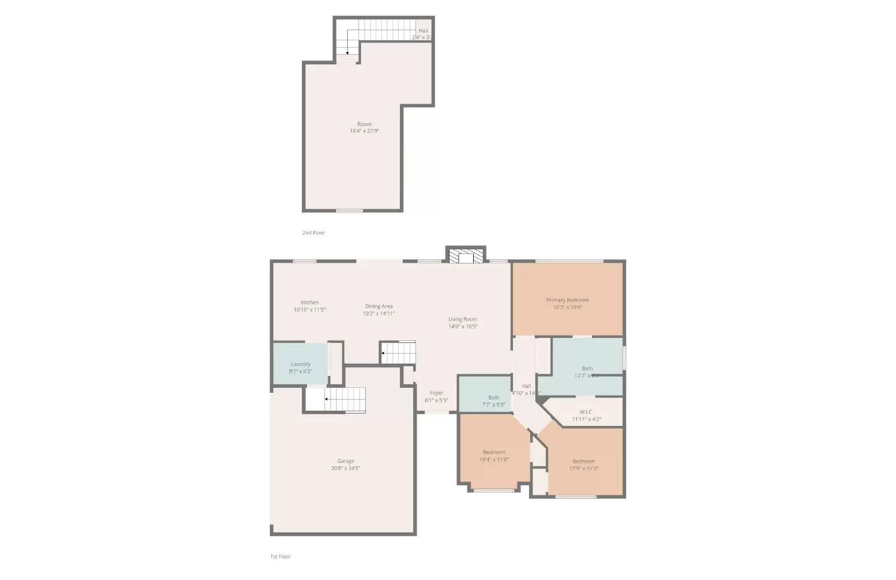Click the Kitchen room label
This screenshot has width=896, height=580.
point(310,303)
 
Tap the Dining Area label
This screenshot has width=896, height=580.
point(379,307)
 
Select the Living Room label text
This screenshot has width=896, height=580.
point(463,319)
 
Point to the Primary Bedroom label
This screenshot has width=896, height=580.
point(567,300)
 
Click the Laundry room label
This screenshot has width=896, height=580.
point(301,364)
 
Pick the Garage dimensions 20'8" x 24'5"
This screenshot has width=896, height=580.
point(346,468)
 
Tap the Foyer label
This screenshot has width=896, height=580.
point(436,393)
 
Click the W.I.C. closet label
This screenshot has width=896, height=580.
point(586,412)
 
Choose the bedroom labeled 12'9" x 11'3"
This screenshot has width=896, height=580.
point(584,465)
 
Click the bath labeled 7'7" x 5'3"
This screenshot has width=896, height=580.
point(493,401)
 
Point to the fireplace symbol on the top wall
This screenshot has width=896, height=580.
point(466,257)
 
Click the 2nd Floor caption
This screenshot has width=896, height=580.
point(314,233)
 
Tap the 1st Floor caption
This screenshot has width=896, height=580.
point(281,556)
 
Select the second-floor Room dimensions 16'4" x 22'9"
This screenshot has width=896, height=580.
point(365,131)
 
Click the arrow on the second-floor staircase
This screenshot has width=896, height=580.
point(348,53)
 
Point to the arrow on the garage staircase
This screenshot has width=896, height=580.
point(326,400)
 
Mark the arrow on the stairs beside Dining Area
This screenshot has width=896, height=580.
point(383,353)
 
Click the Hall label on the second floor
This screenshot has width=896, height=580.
point(423,31)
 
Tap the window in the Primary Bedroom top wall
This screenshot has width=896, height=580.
point(569,261)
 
